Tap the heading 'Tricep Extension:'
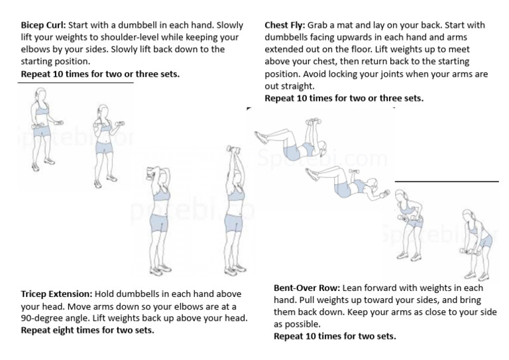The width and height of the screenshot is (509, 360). [56, 294]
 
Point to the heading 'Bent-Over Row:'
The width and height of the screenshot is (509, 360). [308, 288]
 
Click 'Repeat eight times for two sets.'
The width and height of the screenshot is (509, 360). [87, 330]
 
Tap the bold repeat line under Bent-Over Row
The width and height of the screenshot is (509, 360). [335, 336]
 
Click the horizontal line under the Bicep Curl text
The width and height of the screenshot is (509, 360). [76, 83]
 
